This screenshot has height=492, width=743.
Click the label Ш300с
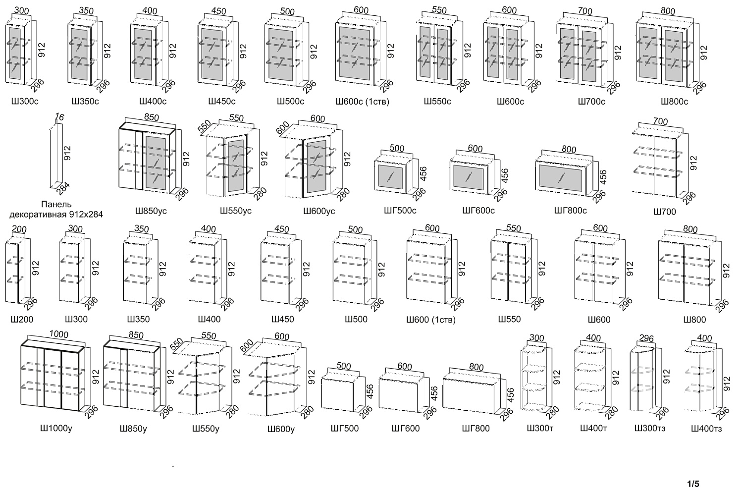25,101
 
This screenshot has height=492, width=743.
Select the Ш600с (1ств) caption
363,102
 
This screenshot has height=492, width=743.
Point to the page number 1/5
693,484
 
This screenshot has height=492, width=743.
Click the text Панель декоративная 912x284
56,210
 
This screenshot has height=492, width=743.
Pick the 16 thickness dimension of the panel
59,117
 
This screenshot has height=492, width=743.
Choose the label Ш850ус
151,211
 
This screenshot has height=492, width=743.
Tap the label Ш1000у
56,428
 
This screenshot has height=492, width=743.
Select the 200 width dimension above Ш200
19,229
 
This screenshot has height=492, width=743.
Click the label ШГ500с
400,211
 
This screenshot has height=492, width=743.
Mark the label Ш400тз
706,429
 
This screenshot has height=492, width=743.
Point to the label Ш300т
540,428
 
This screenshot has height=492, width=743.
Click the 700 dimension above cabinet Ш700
660,122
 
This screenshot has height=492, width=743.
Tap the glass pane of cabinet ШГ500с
390,177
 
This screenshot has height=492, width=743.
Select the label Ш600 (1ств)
431,320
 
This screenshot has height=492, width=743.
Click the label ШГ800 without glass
476,428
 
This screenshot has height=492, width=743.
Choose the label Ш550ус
236,211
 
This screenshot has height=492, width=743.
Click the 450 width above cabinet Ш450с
218,11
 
